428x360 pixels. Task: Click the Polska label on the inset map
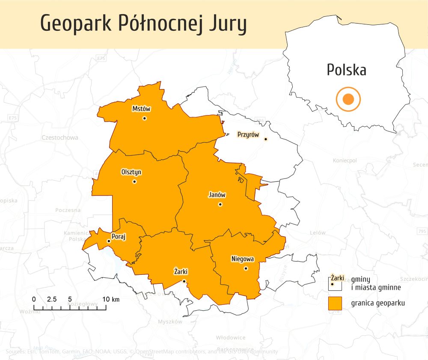[346, 70]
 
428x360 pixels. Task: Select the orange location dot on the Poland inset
[348, 99]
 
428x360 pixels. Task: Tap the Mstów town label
[141, 109]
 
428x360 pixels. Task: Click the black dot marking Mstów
[145, 118]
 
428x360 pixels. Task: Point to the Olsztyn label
[131, 172]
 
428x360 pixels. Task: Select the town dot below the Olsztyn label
[134, 181]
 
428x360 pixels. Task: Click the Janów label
[217, 195]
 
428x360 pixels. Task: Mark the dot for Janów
[220, 205]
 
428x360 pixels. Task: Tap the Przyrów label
[248, 135]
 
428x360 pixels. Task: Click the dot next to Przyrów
[266, 139]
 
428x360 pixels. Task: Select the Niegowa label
[243, 259]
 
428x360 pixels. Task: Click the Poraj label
[119, 237]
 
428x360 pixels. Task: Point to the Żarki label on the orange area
[181, 272]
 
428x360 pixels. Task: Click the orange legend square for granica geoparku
[335, 303]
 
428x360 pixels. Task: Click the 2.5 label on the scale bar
[52, 299]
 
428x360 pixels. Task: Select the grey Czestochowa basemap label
[60, 138]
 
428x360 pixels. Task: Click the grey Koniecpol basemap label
[345, 161]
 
